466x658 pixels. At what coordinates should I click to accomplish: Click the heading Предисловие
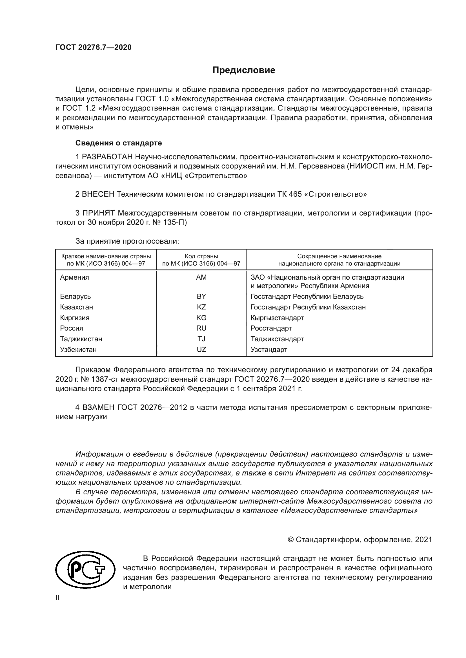(x=244, y=70)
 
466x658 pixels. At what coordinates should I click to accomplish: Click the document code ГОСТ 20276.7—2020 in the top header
(x=94, y=48)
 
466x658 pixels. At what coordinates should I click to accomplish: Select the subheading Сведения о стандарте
(x=119, y=143)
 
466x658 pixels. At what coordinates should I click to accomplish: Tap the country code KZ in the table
(x=201, y=307)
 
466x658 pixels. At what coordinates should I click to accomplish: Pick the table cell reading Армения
(x=75, y=277)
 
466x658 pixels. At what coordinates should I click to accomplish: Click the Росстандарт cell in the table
(x=271, y=328)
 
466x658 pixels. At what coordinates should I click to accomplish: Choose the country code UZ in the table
(x=201, y=349)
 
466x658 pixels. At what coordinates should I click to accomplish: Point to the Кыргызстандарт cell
(x=277, y=318)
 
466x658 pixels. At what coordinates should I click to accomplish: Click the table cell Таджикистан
(x=81, y=339)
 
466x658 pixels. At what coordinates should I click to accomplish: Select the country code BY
(x=201, y=296)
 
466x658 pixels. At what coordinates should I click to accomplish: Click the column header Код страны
(x=201, y=256)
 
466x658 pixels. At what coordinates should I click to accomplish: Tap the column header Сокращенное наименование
(x=339, y=256)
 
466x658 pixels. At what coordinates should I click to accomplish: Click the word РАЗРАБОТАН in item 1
(x=107, y=157)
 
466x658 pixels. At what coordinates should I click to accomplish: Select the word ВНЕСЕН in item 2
(x=99, y=194)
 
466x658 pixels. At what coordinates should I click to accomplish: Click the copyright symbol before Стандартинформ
(x=290, y=540)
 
